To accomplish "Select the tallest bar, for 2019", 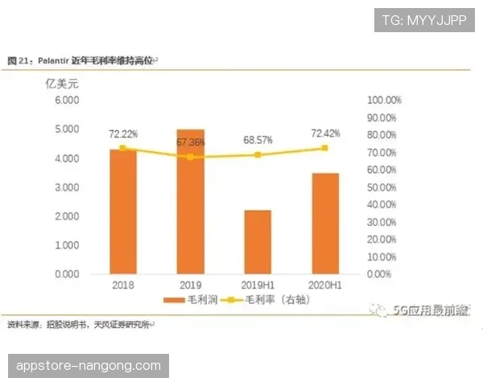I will [x=190, y=201].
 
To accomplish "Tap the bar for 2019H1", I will [x=258, y=241].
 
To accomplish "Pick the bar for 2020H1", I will [x=325, y=223].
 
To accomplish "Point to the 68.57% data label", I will [x=258, y=140].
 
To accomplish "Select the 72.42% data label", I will [x=325, y=133].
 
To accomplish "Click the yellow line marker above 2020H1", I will [x=325, y=148].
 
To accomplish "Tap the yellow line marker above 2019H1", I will [x=258, y=154].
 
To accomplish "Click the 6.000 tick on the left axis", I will [x=67, y=100].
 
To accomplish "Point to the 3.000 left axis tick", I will [x=67, y=187].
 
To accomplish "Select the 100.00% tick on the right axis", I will [x=383, y=100].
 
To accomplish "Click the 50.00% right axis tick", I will [x=383, y=187].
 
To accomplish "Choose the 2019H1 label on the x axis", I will [x=258, y=285].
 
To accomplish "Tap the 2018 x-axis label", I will [x=123, y=285].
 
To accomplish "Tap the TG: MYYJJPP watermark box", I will [x=425, y=20].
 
